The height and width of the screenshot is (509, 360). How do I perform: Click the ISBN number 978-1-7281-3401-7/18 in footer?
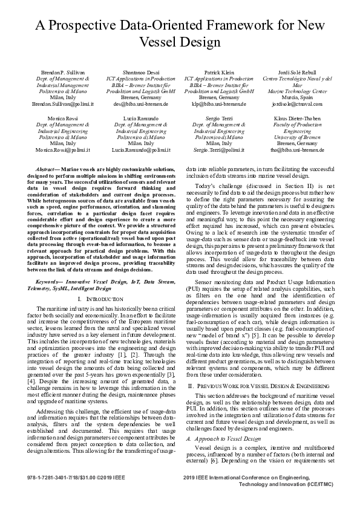[x=51, y=478]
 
